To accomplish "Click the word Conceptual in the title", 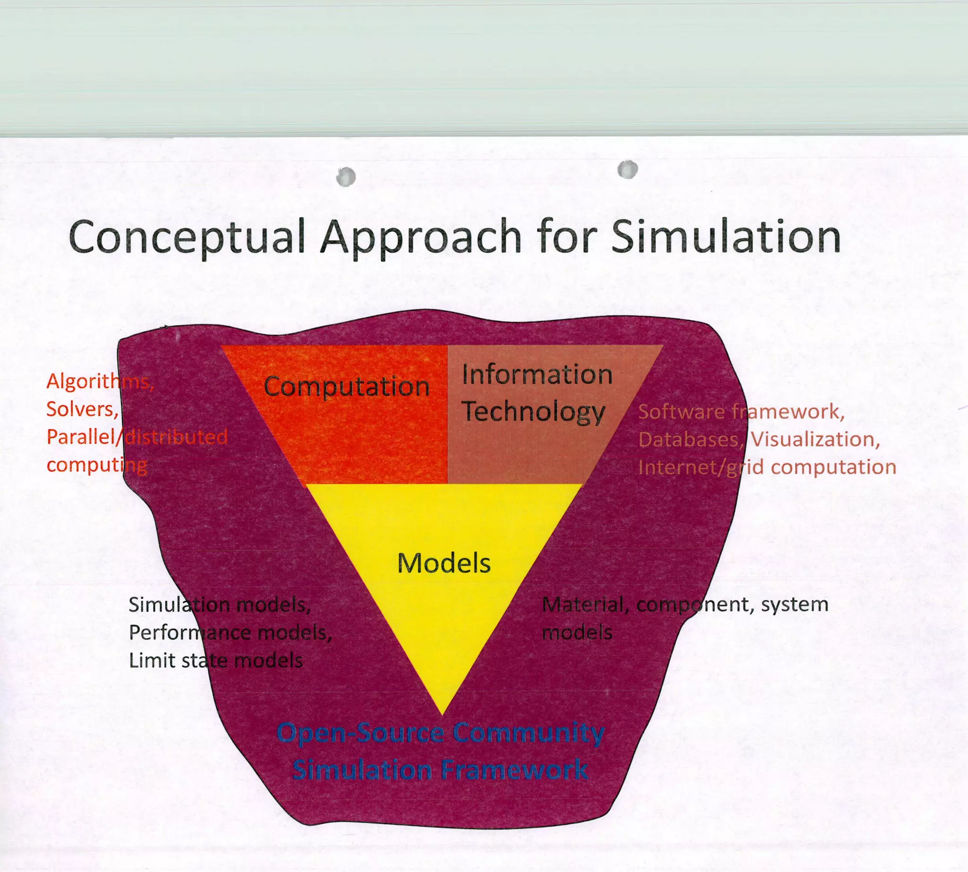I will tap(187, 237).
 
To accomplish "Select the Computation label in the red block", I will tap(346, 386).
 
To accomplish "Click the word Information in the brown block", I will tap(537, 374).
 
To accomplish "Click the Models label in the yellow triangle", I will tap(444, 563).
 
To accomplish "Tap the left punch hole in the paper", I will tap(346, 177).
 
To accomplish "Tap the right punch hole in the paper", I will tap(628, 169).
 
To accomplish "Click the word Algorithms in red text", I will tap(100, 381).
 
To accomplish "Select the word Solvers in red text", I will tap(82, 409).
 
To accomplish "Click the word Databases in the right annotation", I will tap(690, 440).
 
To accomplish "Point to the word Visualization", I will tap(815, 440).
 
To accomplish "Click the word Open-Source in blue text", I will tap(360, 733).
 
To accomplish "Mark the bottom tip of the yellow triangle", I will tap(442, 714).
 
